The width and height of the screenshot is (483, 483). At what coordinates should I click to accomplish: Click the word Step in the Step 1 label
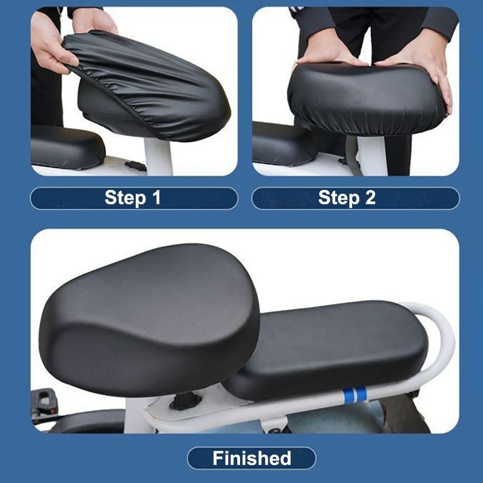125,198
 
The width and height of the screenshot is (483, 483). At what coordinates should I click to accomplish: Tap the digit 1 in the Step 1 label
157,198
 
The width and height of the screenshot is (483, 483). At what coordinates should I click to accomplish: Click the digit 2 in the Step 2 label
370,198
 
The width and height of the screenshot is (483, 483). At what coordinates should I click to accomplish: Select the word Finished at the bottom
252,458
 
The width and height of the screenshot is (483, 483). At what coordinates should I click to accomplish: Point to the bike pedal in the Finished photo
44,402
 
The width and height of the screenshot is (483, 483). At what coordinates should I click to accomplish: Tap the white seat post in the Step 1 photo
158,156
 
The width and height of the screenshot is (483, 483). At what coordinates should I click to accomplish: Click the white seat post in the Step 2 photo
371,156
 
